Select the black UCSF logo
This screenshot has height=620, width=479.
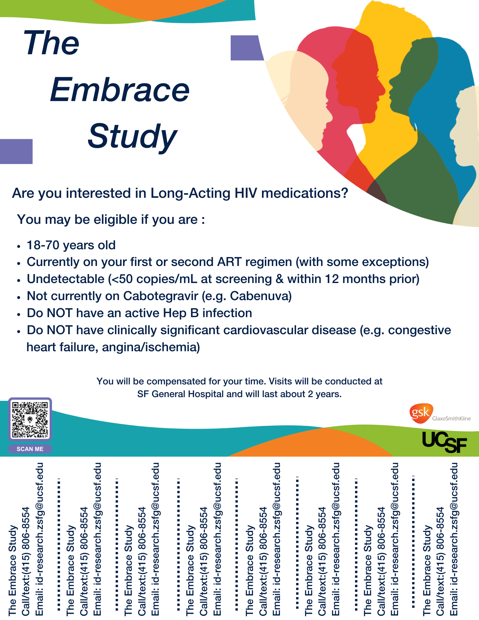444,442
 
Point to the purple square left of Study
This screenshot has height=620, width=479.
16,151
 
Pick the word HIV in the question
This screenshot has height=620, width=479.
246,193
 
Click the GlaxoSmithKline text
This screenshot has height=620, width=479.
451,418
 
